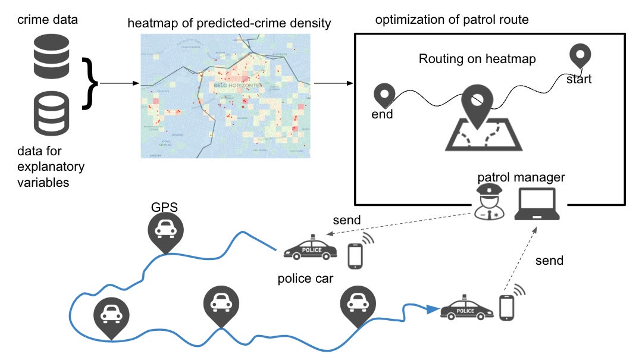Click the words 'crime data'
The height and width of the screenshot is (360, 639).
point(48,20)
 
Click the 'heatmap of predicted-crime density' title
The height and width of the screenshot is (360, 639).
point(229,24)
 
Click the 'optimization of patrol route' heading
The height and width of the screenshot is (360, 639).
point(452,20)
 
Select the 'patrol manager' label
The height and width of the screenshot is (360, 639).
point(521,177)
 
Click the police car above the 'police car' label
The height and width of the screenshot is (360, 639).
point(309,249)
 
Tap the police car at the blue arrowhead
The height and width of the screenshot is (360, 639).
point(466,308)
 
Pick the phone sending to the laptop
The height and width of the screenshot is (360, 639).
point(507,307)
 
